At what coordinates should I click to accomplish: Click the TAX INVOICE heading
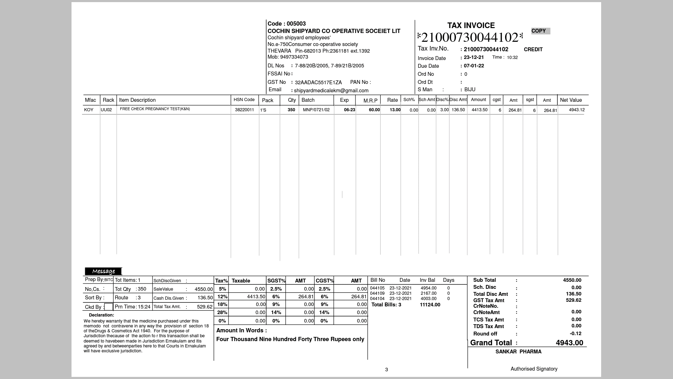(471, 26)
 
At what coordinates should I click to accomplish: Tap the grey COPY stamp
(540, 31)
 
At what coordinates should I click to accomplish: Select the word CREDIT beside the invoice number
(533, 49)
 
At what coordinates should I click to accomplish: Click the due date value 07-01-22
(474, 66)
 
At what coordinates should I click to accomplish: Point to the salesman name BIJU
(470, 89)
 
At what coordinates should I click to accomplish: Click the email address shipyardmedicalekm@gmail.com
(331, 91)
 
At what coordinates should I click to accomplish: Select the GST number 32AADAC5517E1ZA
(318, 82)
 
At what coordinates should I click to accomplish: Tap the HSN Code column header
(244, 100)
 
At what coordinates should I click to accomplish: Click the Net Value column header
(571, 100)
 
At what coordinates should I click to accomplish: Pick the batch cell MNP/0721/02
(316, 110)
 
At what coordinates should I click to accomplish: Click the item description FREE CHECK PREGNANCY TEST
(155, 109)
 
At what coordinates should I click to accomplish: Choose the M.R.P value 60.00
(374, 110)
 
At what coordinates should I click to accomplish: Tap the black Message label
(103, 271)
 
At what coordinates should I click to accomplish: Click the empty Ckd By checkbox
(109, 307)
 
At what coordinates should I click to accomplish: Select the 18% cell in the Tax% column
(222, 304)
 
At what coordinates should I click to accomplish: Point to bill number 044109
(377, 293)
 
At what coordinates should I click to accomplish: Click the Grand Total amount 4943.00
(569, 343)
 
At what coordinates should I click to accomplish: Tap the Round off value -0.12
(575, 334)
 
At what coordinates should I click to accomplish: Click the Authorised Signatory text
(533, 369)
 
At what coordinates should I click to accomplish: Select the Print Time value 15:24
(144, 307)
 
